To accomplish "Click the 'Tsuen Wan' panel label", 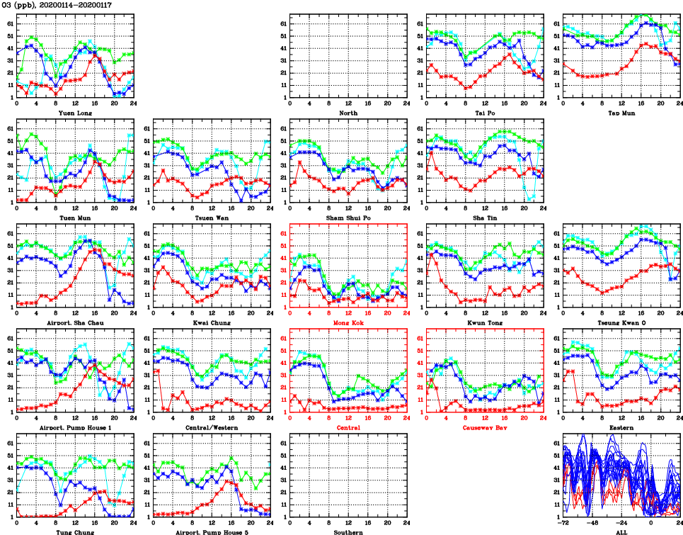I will [x=212, y=218].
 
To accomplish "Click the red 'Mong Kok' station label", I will [x=348, y=323].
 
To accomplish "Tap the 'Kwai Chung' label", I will [x=212, y=323].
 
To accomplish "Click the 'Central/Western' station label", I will [x=212, y=428].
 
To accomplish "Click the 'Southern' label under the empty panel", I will [x=348, y=532].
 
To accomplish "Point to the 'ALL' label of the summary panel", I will [x=621, y=532].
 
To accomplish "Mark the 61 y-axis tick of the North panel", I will [x=282, y=23].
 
